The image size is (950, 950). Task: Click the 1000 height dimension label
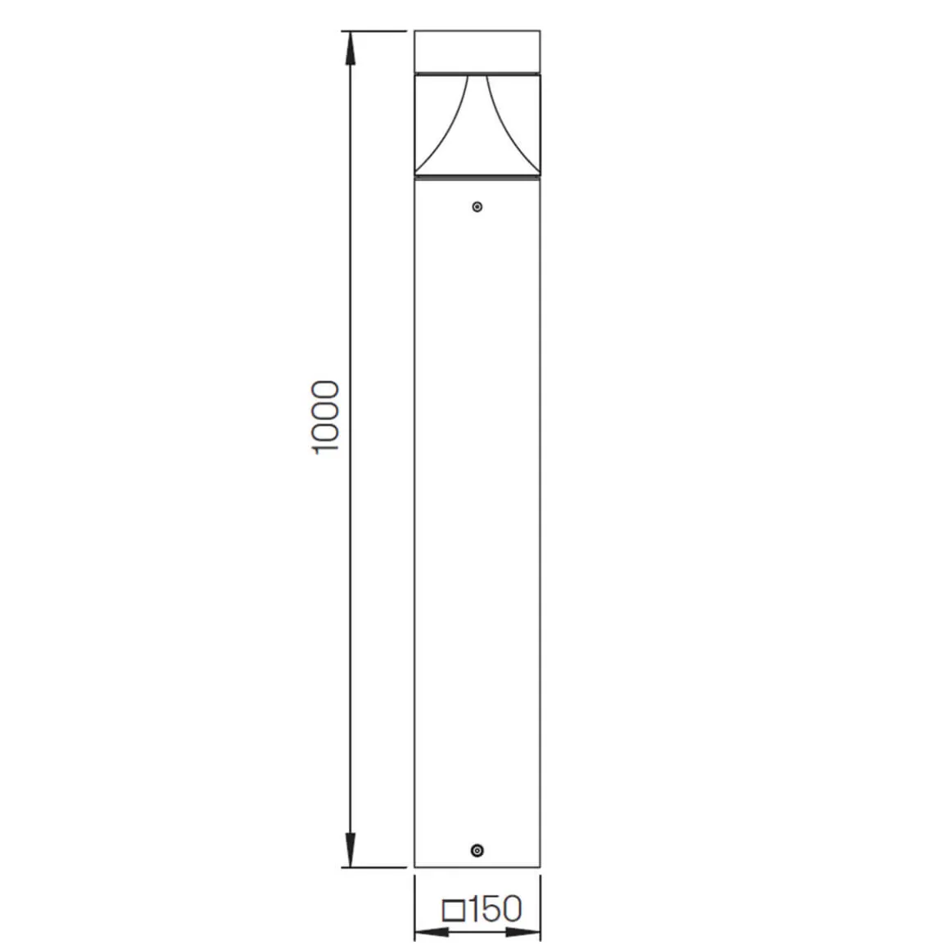tap(326, 418)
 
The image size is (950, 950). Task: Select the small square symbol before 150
tap(453, 910)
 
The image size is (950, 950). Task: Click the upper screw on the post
tap(477, 206)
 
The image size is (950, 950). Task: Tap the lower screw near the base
tap(477, 851)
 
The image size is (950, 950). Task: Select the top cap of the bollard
tap(477, 51)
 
